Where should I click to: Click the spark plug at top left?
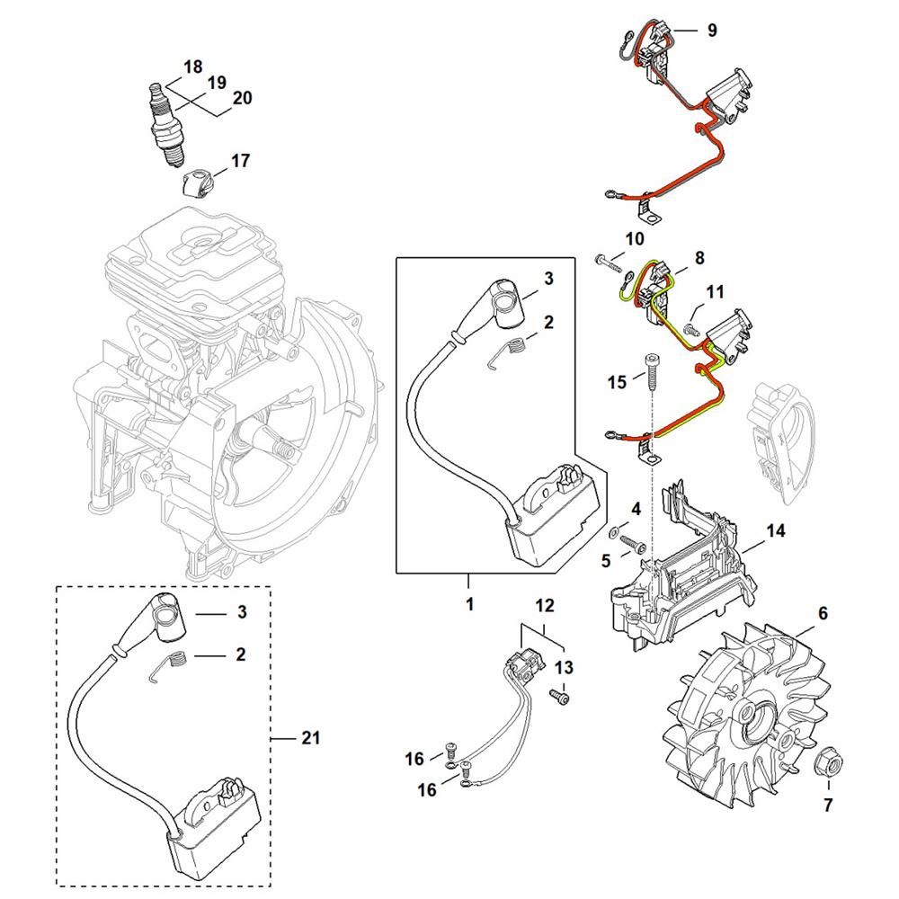pos(166,125)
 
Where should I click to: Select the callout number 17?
pos(241,161)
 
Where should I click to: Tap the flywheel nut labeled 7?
pos(827,762)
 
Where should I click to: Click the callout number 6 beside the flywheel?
pos(823,613)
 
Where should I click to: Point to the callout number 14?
pos(776,531)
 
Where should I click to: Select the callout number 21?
pos(310,737)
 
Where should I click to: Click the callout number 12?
pos(546,605)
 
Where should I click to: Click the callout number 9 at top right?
pos(712,30)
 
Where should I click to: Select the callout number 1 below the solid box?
pos(469,604)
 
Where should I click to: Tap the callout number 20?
pos(243,98)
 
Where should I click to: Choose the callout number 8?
pos(699,258)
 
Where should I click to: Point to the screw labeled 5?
pos(632,544)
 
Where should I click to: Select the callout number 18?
pos(192,67)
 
